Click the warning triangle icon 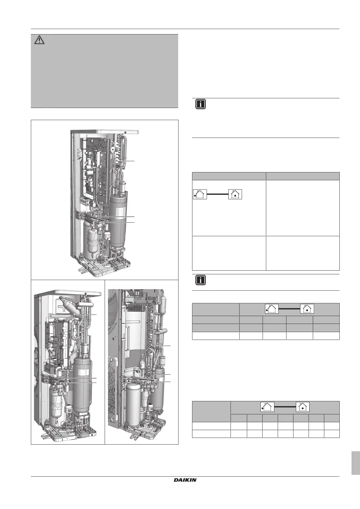tap(39, 40)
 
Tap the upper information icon tap(201, 104)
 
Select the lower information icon tap(201, 280)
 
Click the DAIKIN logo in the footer tap(185, 480)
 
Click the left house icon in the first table tap(200, 194)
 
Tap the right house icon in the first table tap(235, 194)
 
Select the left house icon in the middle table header tap(272, 309)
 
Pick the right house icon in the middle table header tap(307, 309)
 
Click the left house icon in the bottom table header tap(267, 407)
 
